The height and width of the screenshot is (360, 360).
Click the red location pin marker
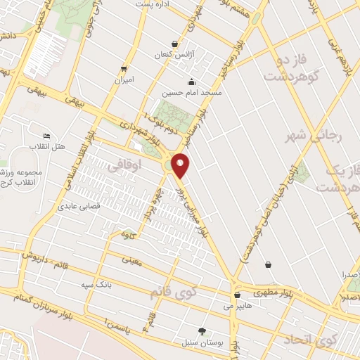click(181, 165)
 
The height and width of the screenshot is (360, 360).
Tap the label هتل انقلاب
click(47, 146)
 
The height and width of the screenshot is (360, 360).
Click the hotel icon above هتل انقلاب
click(47, 136)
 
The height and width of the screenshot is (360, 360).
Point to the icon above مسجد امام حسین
click(191, 82)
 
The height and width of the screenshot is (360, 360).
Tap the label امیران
click(124, 79)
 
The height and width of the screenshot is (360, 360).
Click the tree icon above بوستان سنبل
click(203, 330)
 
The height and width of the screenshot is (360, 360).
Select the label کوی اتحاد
click(309, 341)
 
